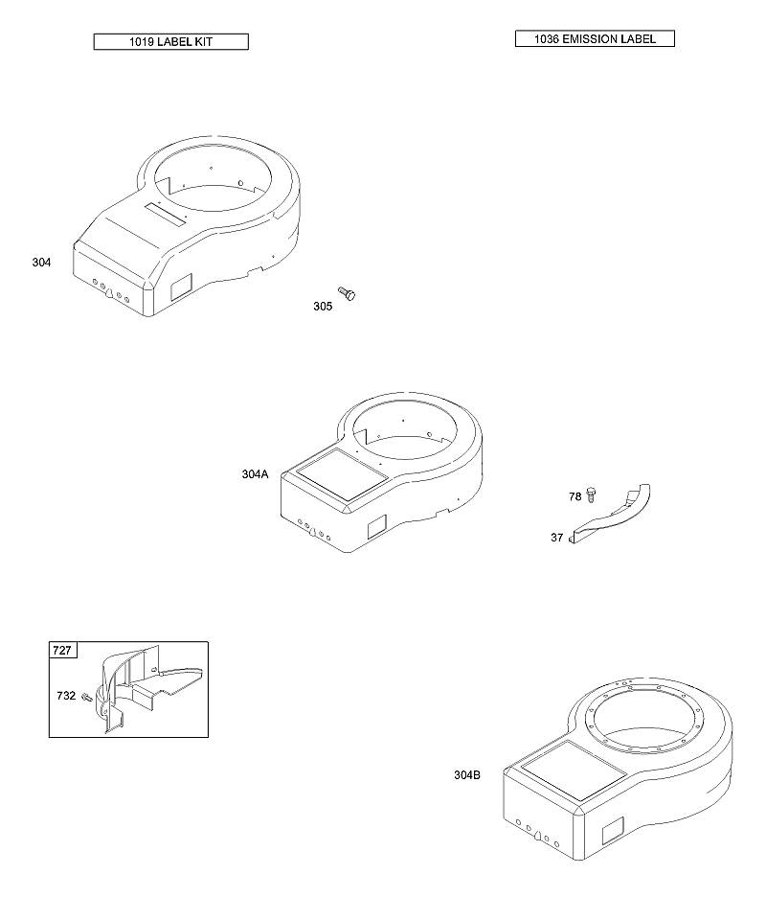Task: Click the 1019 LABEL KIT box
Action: tap(171, 41)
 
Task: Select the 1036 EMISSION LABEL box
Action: tap(595, 38)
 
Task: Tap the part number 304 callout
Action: tap(41, 263)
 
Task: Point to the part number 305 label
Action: tap(323, 306)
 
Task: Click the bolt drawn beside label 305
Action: tap(347, 293)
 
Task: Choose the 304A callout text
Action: tap(255, 474)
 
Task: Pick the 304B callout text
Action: tap(467, 775)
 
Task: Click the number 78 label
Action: tap(574, 497)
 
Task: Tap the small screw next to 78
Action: tap(592, 494)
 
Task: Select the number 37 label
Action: tap(556, 538)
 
